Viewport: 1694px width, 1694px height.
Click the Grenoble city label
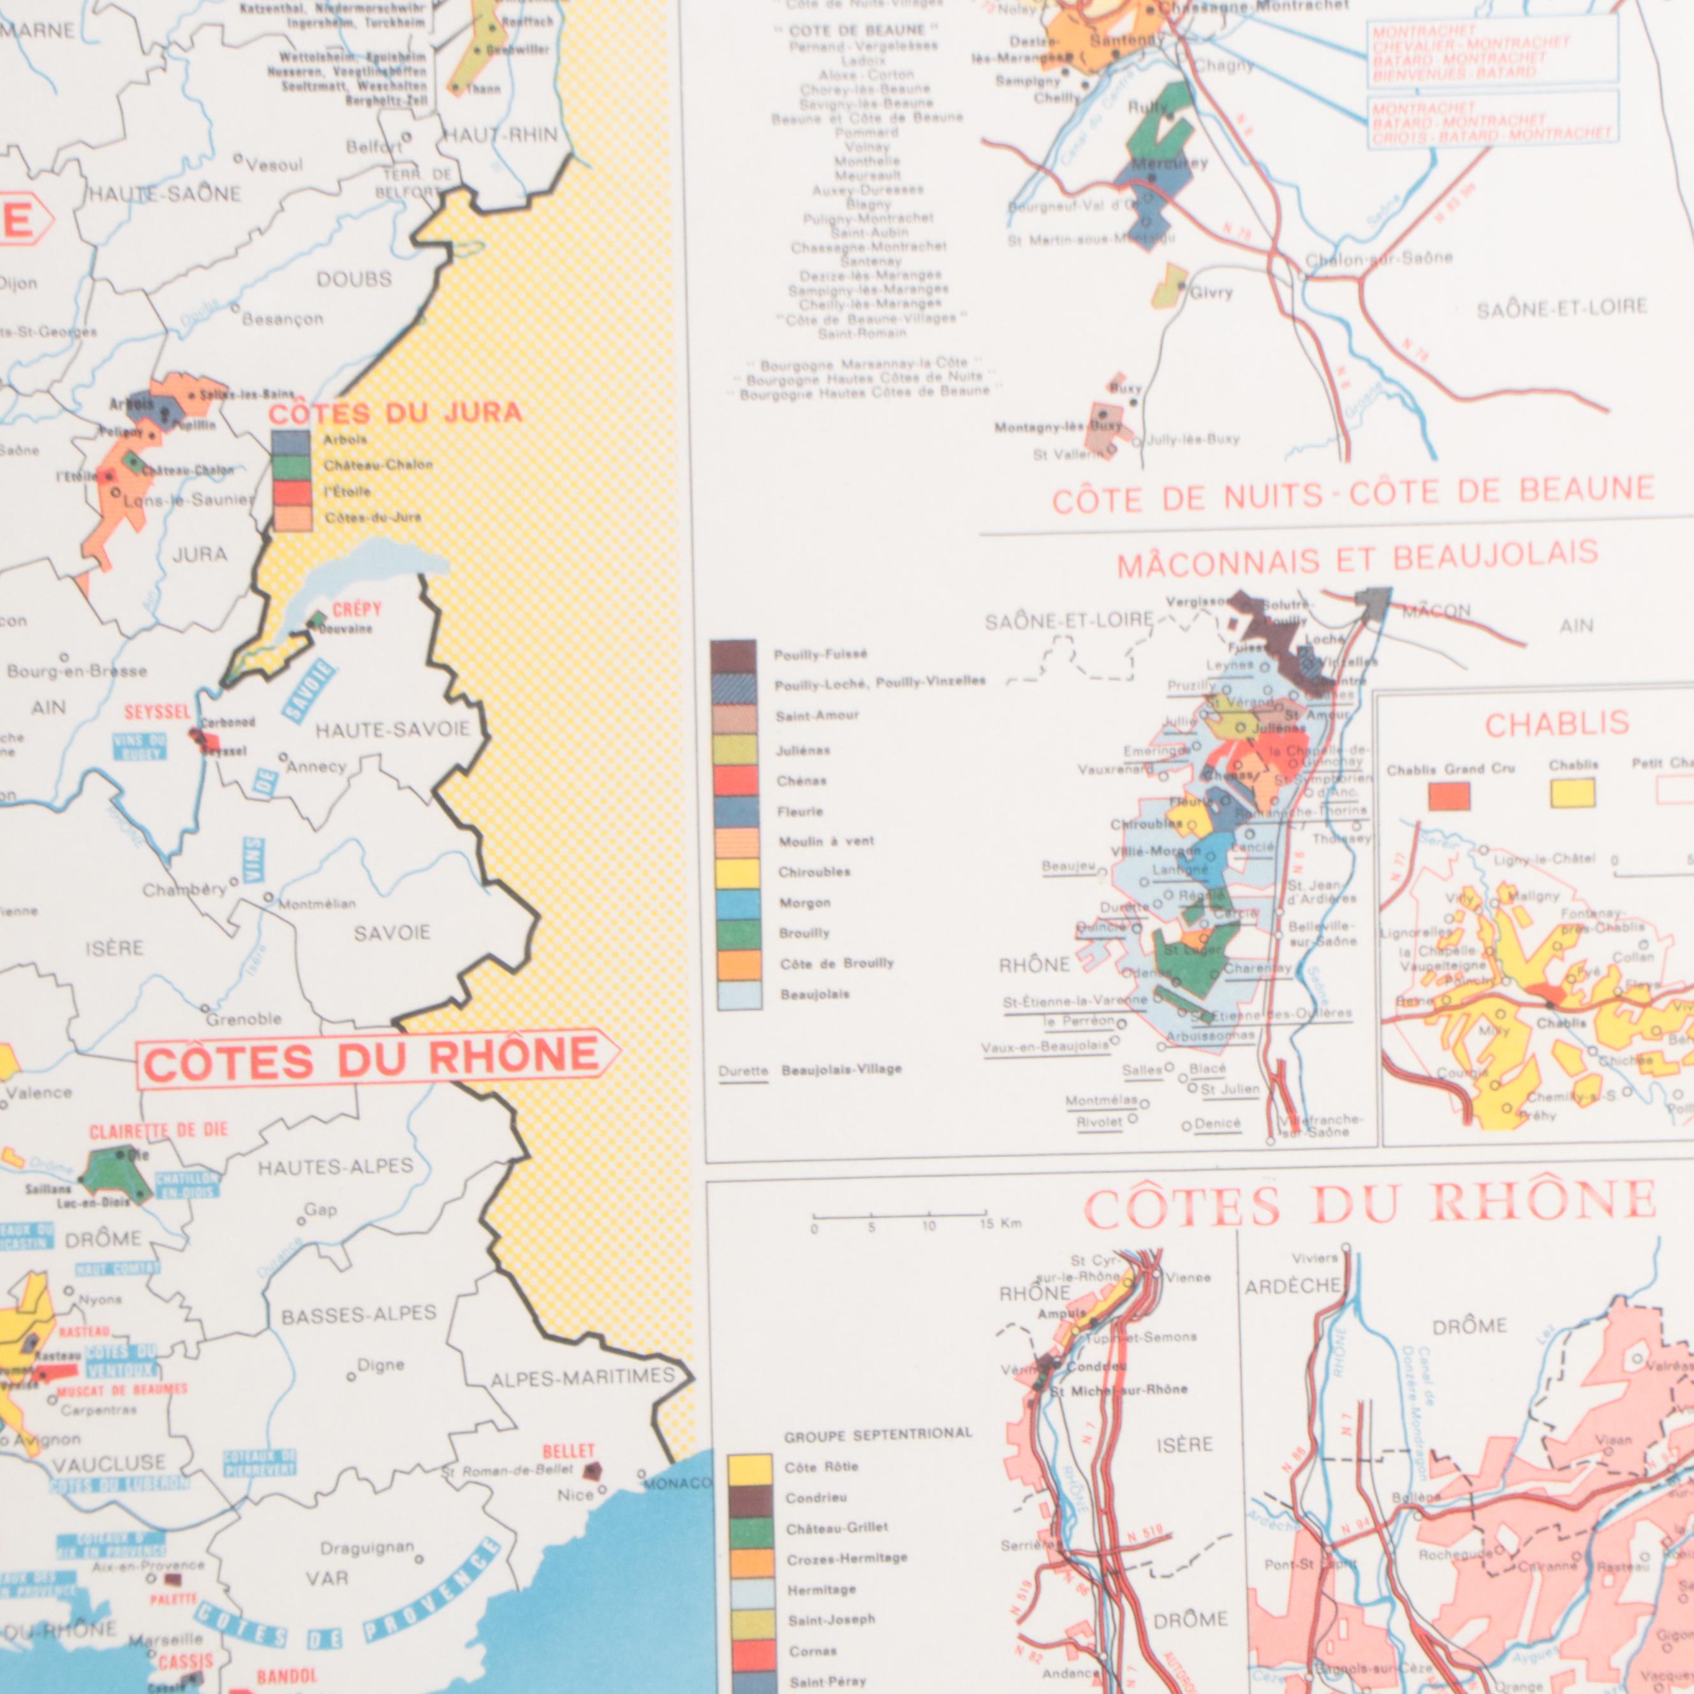pos(244,1019)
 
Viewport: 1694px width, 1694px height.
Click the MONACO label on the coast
pos(678,1484)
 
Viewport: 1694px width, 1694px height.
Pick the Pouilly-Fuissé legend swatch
pos(733,656)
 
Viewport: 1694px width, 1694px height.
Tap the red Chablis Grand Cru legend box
pos(1448,796)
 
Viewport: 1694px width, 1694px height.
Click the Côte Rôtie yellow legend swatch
pos(751,1468)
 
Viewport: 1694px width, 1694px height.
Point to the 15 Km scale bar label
pos(999,1224)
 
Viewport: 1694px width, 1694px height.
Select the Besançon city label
pos(283,319)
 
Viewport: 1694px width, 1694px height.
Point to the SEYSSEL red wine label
pos(157,712)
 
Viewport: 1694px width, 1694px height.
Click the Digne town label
pos(381,1365)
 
